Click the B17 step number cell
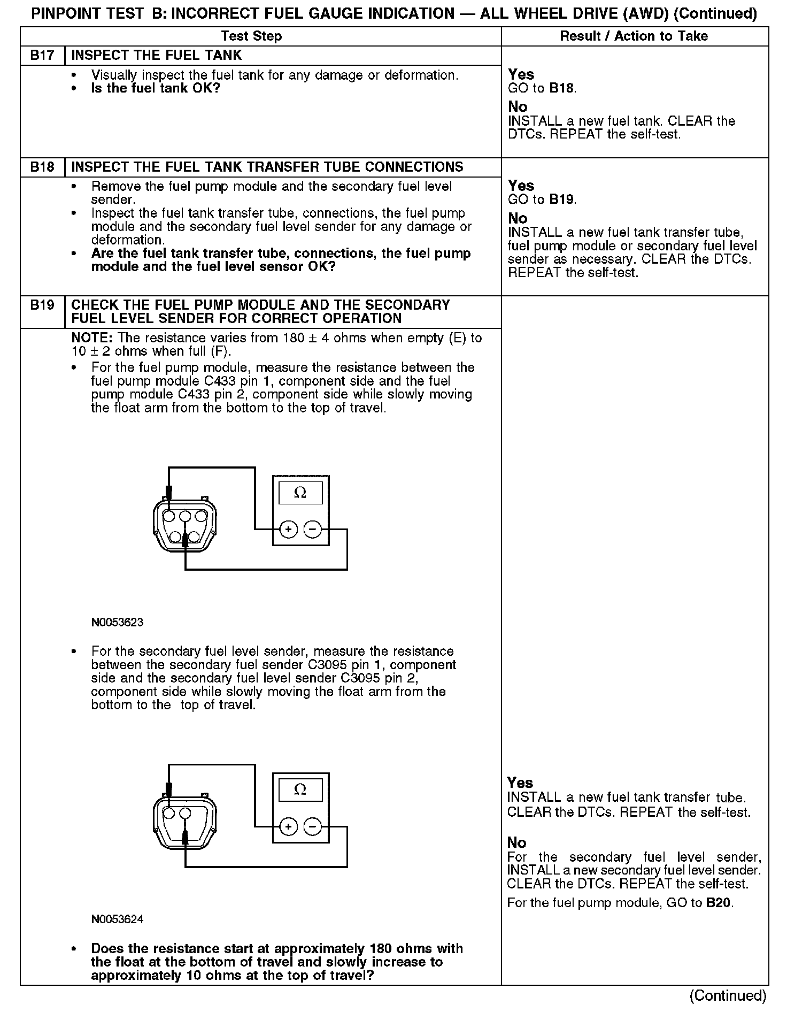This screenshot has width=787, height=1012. click(x=42, y=56)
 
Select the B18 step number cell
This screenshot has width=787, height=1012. click(x=42, y=167)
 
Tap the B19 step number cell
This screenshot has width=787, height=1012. click(x=42, y=305)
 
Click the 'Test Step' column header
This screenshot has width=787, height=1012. click(x=251, y=36)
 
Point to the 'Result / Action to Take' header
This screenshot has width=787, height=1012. click(x=634, y=36)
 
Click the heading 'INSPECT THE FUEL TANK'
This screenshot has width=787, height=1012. click(x=157, y=56)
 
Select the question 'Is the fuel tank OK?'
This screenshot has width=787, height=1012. click(x=156, y=88)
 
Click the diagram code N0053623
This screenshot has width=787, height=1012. click(x=117, y=623)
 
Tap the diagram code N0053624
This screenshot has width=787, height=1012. click(x=117, y=919)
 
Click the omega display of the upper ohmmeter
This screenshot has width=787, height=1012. click(x=300, y=493)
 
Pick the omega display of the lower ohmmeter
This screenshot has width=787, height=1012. click(x=300, y=789)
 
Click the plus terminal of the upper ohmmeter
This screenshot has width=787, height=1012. click(x=288, y=530)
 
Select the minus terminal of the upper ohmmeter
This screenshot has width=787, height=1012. click(x=313, y=530)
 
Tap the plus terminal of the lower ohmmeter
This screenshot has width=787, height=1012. click(x=288, y=827)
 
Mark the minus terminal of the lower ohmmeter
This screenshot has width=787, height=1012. click(x=313, y=827)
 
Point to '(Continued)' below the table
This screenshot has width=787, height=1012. click(x=728, y=995)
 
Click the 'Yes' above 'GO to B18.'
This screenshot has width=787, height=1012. click(x=521, y=74)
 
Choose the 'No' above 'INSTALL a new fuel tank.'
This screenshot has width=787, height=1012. click(x=518, y=107)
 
